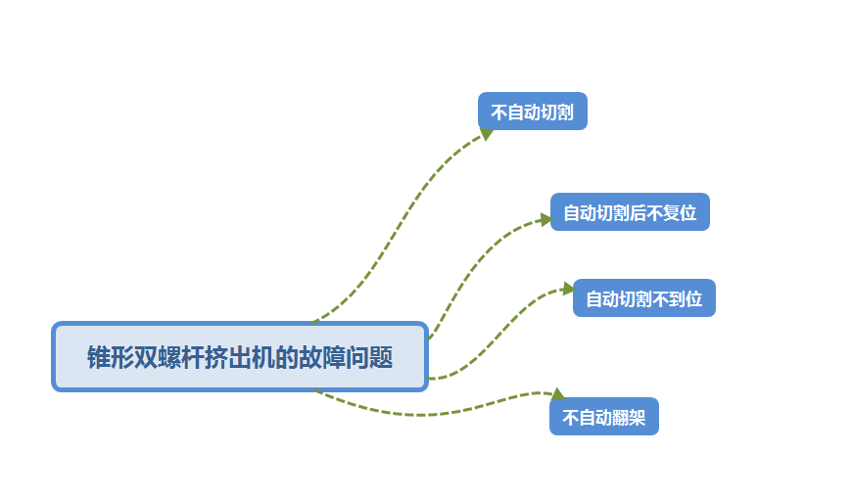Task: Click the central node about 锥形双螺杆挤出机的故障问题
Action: [240, 357]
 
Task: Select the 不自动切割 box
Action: [532, 112]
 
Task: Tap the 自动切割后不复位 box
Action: [629, 212]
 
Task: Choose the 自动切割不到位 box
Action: [643, 298]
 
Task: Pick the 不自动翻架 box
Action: [603, 417]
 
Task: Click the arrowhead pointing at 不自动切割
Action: [485, 132]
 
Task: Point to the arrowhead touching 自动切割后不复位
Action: [545, 219]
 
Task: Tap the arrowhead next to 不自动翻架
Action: [557, 395]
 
